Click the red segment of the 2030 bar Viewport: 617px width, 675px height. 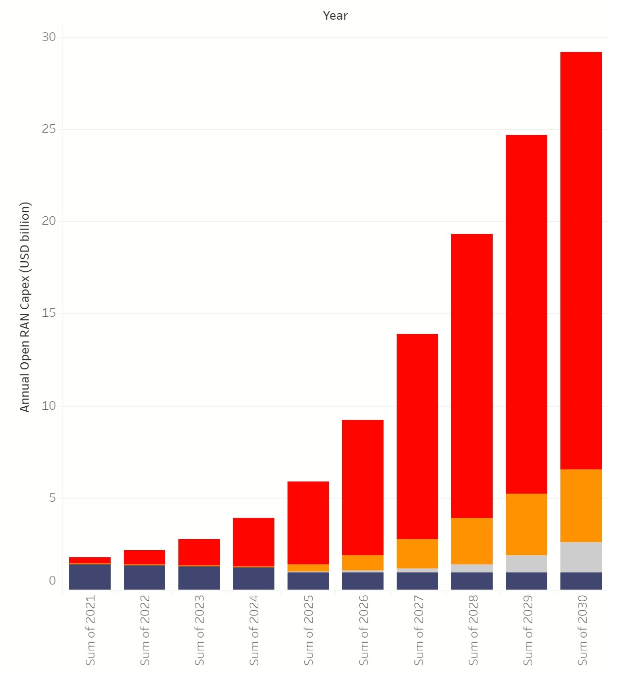[581, 260]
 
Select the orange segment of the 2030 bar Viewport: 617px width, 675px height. [581, 505]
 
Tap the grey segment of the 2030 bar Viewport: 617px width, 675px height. [581, 557]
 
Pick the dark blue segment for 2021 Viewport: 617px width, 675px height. [90, 576]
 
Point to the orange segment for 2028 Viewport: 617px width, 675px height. [471, 541]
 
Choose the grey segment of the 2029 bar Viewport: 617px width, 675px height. [526, 563]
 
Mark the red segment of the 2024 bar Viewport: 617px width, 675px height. [253, 542]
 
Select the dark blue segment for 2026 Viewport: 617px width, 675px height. [362, 581]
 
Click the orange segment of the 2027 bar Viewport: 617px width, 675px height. [417, 553]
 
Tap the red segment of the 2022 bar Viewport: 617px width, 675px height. [144, 557]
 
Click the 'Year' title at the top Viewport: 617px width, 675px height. [335, 16]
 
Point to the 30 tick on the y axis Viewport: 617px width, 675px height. [49, 37]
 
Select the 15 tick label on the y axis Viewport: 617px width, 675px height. [49, 313]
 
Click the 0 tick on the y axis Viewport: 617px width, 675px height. [52, 581]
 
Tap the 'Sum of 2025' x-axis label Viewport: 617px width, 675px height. [308, 630]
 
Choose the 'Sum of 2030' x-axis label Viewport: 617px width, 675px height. [582, 630]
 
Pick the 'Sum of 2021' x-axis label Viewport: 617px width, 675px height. [90, 630]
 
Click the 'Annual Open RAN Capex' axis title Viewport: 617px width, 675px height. [25, 307]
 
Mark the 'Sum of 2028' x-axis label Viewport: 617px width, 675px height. [473, 630]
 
